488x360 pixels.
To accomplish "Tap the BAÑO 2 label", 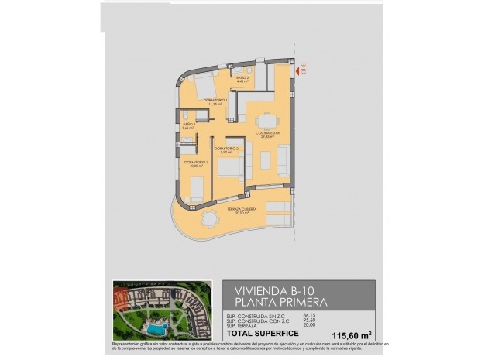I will [242, 80].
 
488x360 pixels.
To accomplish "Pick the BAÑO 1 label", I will [187, 126].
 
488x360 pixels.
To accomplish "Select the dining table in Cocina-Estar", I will [267, 120].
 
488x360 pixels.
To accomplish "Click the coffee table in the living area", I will [265, 160].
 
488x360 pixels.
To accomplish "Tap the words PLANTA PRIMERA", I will [280, 301].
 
